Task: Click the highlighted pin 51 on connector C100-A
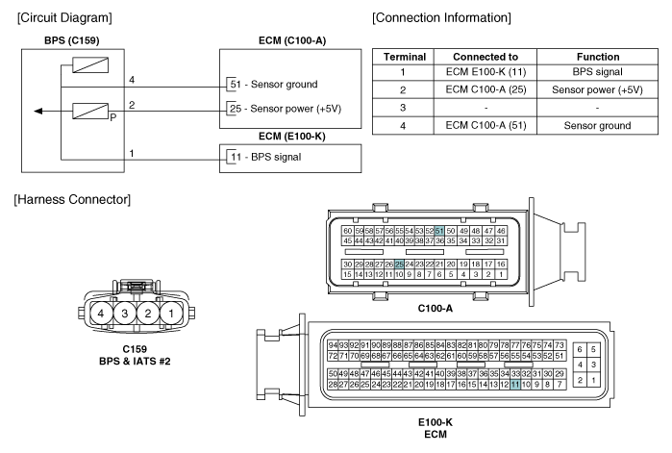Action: click(439, 231)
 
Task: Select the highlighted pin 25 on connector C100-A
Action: click(399, 264)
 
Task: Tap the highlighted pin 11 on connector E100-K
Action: click(515, 385)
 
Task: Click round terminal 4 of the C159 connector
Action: click(101, 314)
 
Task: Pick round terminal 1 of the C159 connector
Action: click(171, 314)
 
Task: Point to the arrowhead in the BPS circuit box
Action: click(38, 112)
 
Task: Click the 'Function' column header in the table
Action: click(598, 57)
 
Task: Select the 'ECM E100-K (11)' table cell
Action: click(485, 71)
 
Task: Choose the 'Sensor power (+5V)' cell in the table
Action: click(597, 89)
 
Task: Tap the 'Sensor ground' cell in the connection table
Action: click(597, 126)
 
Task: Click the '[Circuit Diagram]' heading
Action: click(64, 18)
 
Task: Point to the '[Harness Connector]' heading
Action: click(72, 200)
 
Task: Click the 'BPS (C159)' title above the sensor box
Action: click(72, 40)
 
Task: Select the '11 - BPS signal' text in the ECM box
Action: click(265, 157)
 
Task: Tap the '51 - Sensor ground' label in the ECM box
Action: click(274, 84)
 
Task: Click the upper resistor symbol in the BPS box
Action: click(90, 65)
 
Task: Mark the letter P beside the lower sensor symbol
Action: click(113, 117)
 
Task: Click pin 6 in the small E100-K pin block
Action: click(580, 349)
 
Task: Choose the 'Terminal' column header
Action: click(405, 57)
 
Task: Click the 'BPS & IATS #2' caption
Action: click(135, 362)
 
